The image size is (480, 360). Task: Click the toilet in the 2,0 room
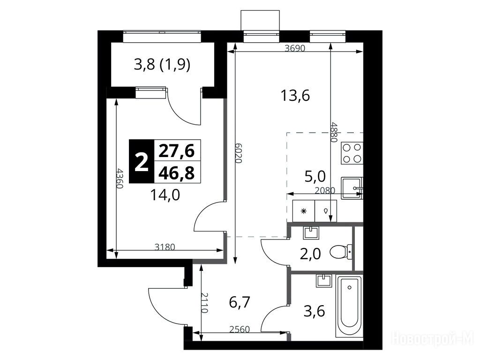point(341,252)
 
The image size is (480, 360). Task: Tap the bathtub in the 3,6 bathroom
point(349,306)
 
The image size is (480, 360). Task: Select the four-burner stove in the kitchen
point(352,153)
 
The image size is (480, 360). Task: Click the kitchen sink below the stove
point(352,187)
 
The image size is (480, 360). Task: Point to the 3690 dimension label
point(295,48)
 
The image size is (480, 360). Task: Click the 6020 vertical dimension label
point(239,153)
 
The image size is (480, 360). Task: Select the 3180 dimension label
point(165,247)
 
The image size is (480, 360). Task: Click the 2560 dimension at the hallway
point(240,330)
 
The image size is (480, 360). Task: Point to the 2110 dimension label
point(204,303)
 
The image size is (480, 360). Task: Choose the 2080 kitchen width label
point(325,190)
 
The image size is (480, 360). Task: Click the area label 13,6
point(295,96)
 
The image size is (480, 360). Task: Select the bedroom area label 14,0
point(165,195)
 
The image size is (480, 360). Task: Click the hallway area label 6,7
point(240,303)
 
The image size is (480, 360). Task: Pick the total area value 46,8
point(176,172)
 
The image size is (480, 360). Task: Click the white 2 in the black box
point(141,162)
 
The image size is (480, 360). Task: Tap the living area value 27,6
point(176,151)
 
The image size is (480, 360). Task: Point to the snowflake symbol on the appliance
point(304,211)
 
